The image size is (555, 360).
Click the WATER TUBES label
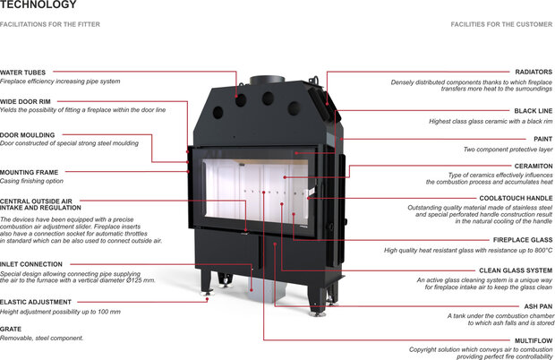point(22,72)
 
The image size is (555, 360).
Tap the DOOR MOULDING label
point(27,134)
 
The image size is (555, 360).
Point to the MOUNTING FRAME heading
point(30,171)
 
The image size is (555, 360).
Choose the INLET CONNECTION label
point(31,264)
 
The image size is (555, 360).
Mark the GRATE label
point(12,329)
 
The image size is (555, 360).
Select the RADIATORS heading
point(534,73)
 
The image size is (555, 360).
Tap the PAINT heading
point(542,139)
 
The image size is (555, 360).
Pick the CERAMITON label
point(533,165)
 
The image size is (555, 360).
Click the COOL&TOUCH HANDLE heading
point(516,198)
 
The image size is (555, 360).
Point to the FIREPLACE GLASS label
point(522,240)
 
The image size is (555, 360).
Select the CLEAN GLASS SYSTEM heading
point(516,270)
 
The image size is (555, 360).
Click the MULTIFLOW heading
point(533,340)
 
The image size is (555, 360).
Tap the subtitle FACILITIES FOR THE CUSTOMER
point(501,24)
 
